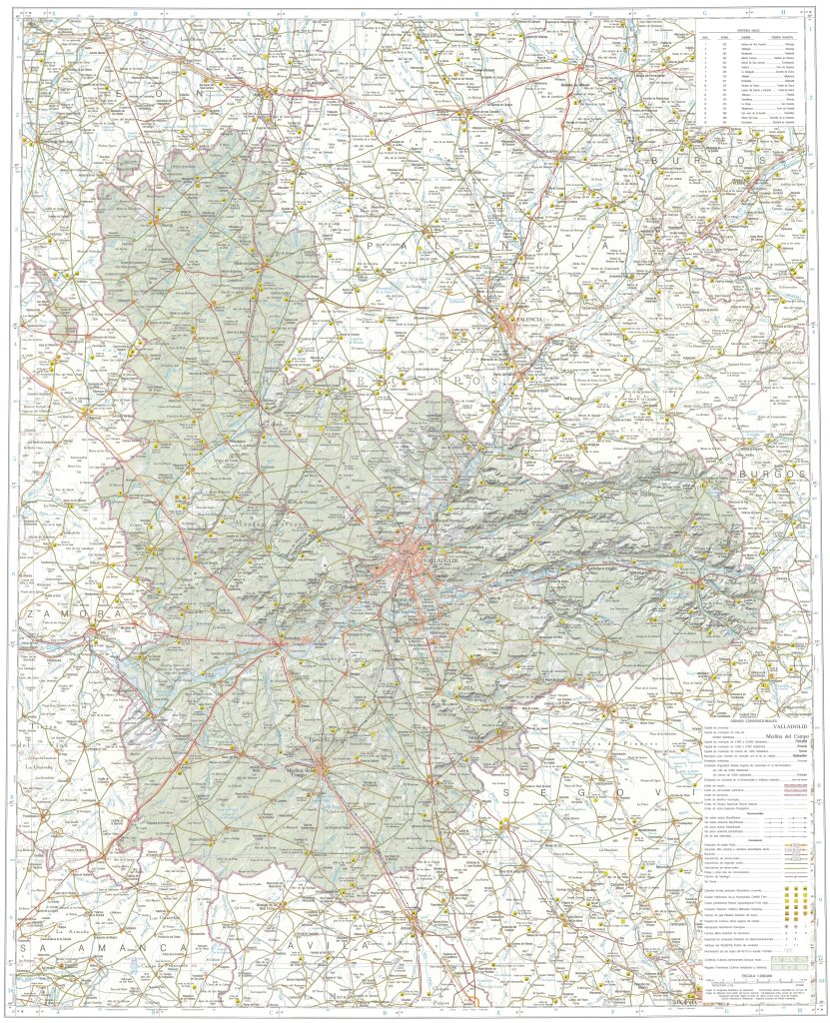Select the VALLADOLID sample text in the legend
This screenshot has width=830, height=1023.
pos(769,726)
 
